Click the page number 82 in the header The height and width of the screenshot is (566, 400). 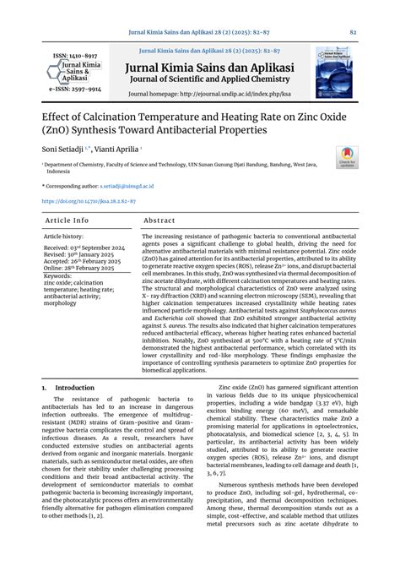pos(353,32)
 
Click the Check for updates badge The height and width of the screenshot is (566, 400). pos(346,158)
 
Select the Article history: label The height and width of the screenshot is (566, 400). pos(65,237)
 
